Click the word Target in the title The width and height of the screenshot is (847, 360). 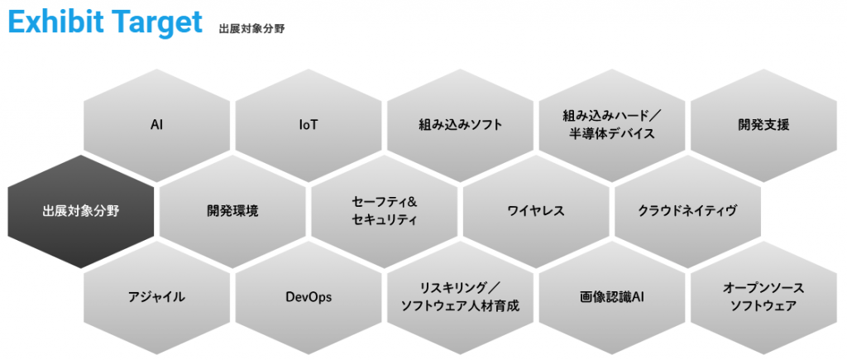coord(158,24)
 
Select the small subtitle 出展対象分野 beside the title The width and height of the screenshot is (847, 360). coord(252,28)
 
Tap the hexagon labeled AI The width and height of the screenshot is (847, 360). coord(156,126)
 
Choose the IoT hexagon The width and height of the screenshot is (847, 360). coord(309,126)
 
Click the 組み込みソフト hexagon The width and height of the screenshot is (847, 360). coord(460,126)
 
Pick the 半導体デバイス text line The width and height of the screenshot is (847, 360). coord(611,134)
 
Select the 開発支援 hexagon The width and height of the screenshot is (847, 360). coord(763,126)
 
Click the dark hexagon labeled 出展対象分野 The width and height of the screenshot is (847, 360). coord(80,211)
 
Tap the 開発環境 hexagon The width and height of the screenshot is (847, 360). coord(232,211)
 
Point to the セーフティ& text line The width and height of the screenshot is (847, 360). coord(384,202)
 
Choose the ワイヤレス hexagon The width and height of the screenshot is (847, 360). coord(536,211)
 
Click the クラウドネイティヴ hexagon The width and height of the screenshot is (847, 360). coord(687,211)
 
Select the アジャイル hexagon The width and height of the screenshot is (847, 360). coord(156,296)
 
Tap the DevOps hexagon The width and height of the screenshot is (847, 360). coord(309,296)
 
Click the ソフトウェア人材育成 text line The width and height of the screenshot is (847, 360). coord(460,305)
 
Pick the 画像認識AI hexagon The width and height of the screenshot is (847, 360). coord(611,296)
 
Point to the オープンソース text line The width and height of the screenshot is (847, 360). coord(763,287)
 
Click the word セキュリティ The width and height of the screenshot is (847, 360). coord(384,220)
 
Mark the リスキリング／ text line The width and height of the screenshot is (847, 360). coord(460,287)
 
